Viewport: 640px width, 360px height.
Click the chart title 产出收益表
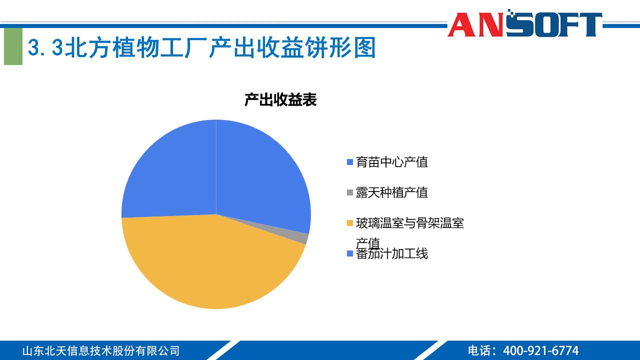point(280,100)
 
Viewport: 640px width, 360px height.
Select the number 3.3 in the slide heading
point(46,48)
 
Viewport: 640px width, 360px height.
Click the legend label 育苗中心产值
point(392,162)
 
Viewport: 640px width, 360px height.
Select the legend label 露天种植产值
point(392,192)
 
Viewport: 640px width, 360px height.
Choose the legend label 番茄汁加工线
point(392,253)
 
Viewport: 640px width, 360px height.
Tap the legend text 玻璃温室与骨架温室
point(410,223)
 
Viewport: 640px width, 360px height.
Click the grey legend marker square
point(350,192)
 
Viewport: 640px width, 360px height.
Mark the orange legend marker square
point(350,223)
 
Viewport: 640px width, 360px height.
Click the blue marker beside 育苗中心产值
point(350,162)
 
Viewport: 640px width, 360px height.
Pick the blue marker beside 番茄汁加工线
point(350,254)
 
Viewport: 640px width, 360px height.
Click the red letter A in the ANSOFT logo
point(461,25)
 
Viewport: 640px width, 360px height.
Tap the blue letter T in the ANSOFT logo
point(589,25)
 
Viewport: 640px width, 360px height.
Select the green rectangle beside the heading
point(13,46)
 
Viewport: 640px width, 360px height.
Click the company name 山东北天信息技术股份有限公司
point(100,350)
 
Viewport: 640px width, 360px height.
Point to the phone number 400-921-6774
point(540,350)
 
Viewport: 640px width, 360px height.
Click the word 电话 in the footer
point(478,350)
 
